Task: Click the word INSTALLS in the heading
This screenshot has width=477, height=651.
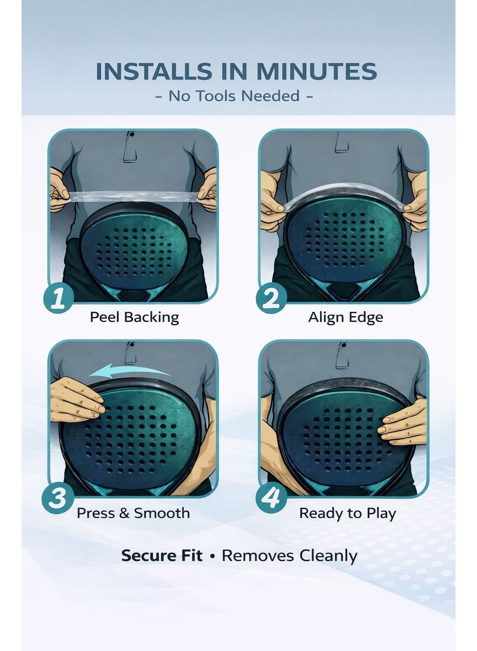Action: tap(154, 71)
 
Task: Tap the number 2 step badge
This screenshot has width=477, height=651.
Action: tap(271, 298)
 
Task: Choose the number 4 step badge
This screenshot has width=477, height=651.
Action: tap(271, 498)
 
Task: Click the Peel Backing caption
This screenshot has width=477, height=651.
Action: tap(135, 317)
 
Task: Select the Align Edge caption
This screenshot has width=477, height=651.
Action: tap(346, 317)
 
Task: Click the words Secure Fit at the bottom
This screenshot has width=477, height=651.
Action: tap(162, 556)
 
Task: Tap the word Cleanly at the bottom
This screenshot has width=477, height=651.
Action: tap(328, 556)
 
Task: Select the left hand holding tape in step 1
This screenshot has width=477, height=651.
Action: tap(60, 190)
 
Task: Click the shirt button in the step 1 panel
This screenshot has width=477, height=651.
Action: tap(132, 134)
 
